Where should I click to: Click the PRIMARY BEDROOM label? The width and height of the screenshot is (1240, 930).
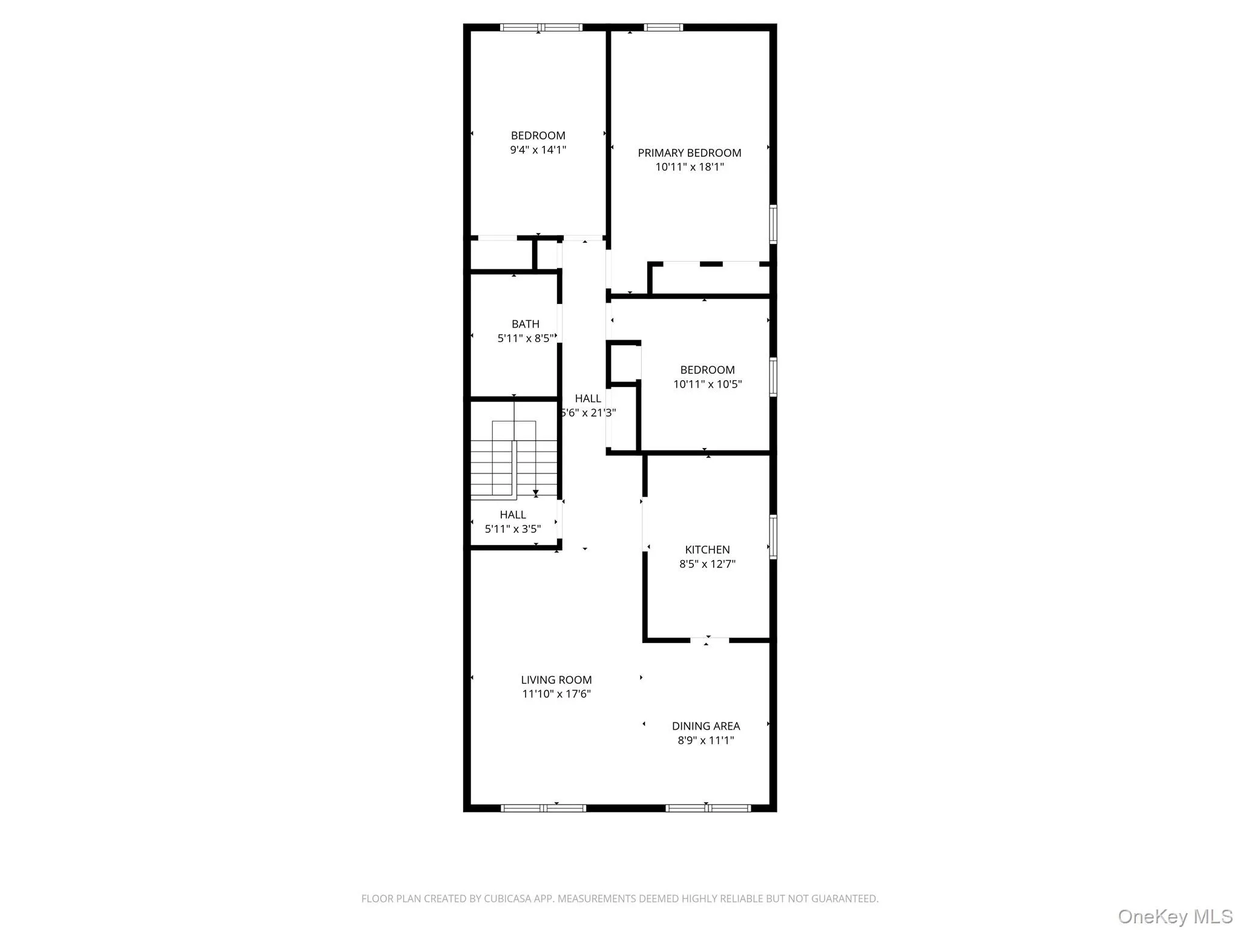[689, 153]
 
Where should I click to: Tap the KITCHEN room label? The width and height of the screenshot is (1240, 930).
[707, 550]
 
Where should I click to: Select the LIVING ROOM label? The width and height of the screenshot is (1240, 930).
[556, 680]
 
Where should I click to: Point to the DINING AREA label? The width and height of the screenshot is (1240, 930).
[705, 726]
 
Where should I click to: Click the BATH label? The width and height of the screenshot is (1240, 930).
[525, 324]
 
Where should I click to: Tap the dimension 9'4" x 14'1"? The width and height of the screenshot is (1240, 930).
[538, 150]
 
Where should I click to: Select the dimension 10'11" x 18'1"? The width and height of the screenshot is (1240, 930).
[689, 167]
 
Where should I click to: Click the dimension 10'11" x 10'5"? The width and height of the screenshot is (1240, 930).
[707, 384]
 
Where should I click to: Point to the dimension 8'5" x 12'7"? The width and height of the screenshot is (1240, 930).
[707, 564]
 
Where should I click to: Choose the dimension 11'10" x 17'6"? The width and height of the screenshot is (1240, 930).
[556, 694]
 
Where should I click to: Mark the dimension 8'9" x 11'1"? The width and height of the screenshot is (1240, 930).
[705, 740]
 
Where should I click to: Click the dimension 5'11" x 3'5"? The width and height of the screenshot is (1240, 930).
[512, 529]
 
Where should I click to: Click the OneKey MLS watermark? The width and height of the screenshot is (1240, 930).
[1175, 916]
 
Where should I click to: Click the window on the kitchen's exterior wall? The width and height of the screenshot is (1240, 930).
[773, 536]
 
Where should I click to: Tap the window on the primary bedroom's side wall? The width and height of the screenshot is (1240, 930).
[773, 224]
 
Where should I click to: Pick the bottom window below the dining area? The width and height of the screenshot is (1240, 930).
[708, 808]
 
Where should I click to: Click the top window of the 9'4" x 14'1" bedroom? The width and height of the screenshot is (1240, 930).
[541, 27]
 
